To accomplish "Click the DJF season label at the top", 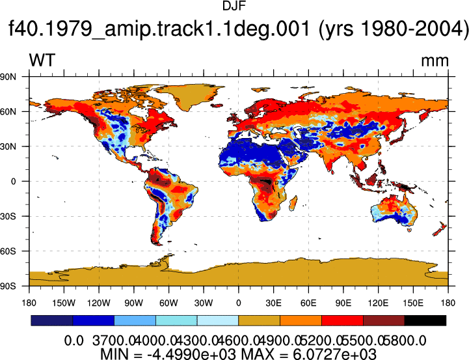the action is (234, 6).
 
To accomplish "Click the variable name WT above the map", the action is (42, 60).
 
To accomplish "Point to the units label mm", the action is (435, 61).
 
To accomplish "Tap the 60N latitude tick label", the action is (8, 111).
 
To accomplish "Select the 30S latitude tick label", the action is (8, 216).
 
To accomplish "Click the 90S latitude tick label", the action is (8, 286).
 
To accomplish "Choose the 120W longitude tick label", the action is (99, 303).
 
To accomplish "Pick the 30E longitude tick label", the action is (273, 303).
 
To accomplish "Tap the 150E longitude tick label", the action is (413, 303).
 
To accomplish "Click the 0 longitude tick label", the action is (238, 303).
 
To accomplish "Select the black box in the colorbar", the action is (425, 320).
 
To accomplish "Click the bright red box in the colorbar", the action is (342, 320).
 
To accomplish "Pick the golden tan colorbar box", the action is (260, 320).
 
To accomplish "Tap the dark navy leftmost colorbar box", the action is (52, 320).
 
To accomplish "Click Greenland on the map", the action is (191, 96).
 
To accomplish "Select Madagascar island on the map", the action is (293, 203).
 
